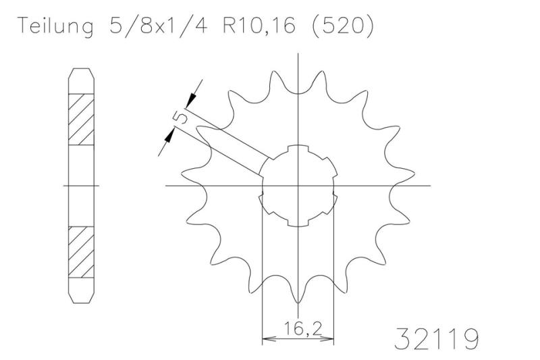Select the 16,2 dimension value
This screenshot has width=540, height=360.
click(x=298, y=331)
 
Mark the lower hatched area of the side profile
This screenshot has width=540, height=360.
click(x=80, y=252)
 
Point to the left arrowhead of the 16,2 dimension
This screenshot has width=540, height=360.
click(x=266, y=338)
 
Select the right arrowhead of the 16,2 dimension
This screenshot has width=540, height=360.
click(x=331, y=338)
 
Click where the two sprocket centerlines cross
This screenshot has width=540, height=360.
click(x=298, y=185)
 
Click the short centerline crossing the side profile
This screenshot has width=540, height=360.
click(x=80, y=185)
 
